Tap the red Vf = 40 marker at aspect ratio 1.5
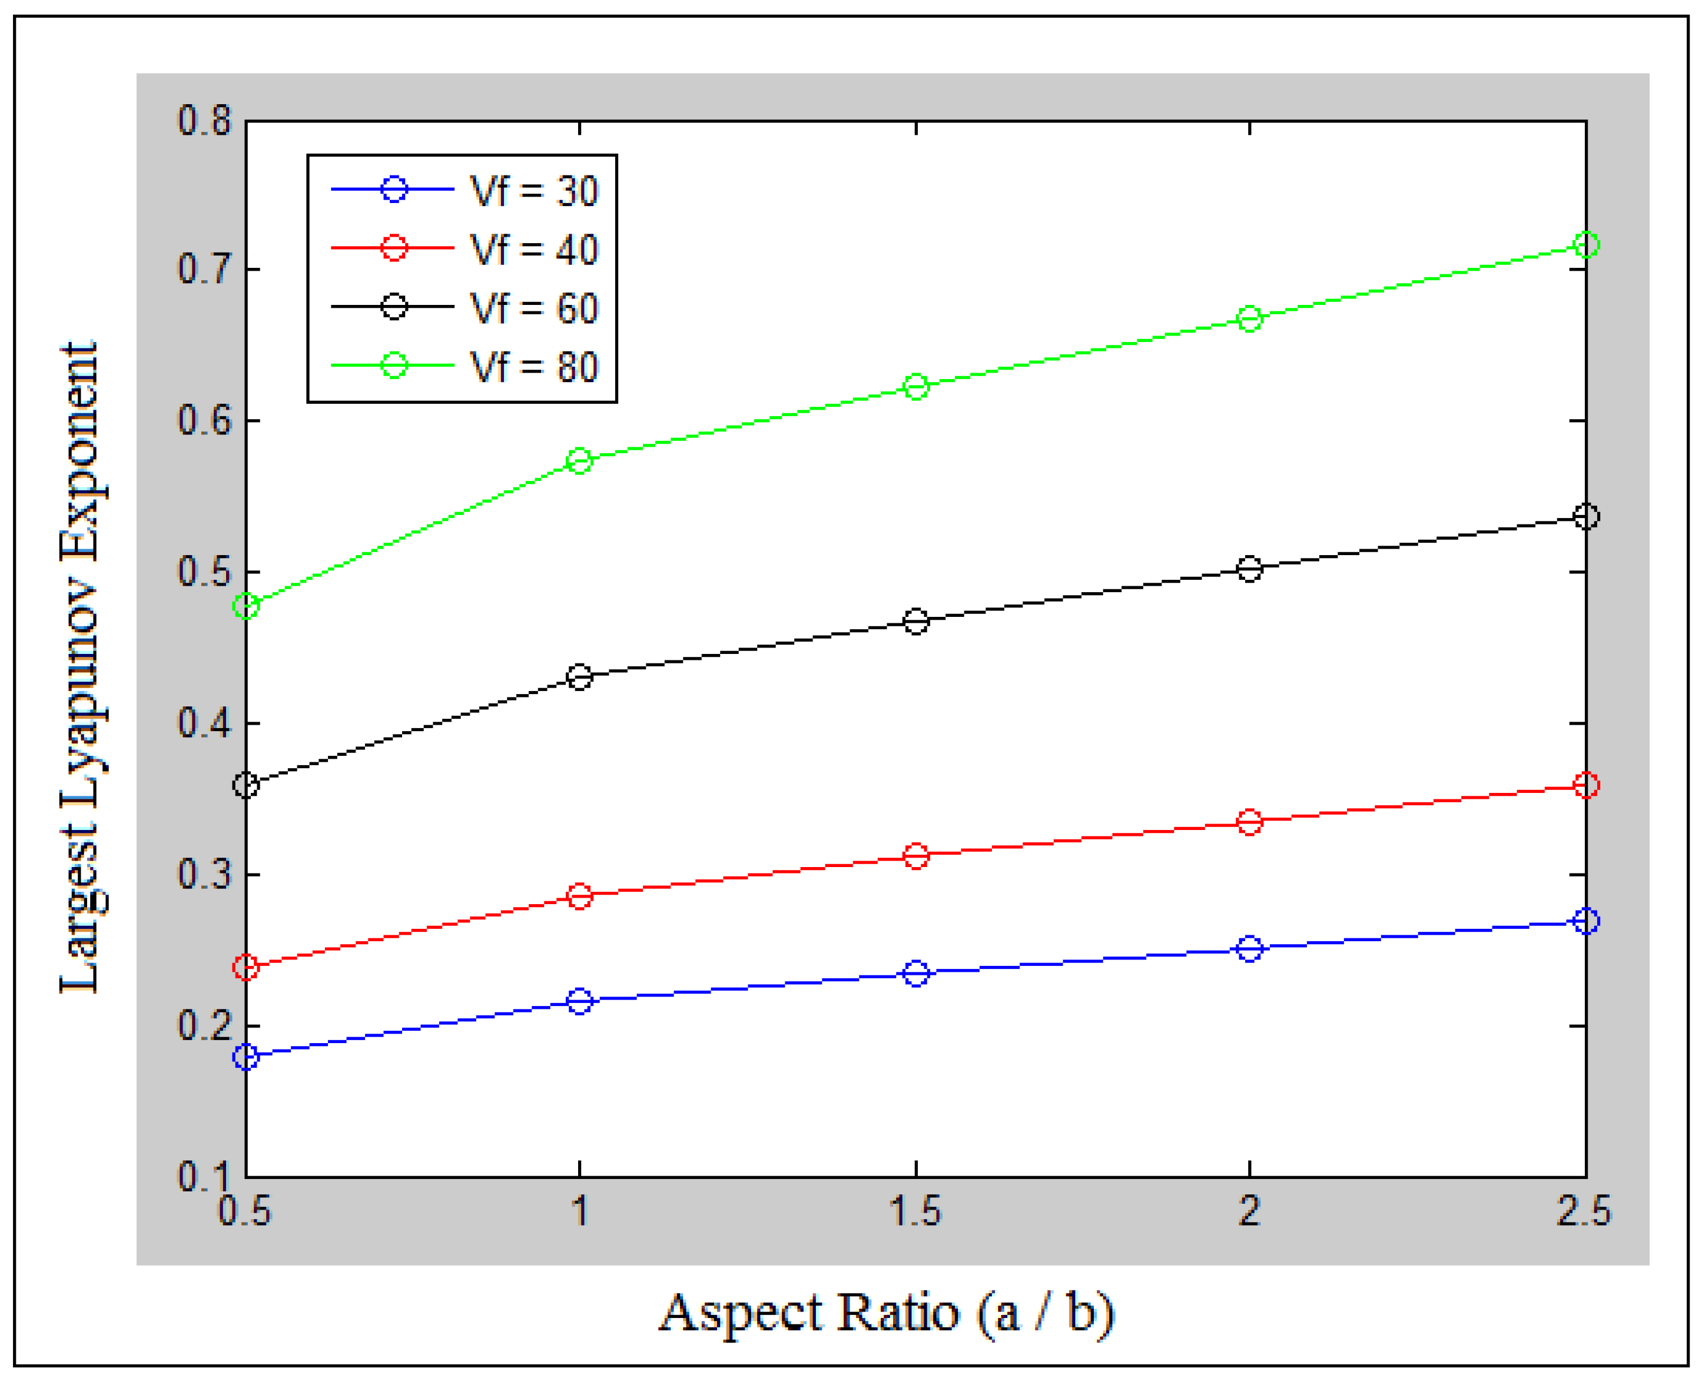(x=916, y=856)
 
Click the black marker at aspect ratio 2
(x=1249, y=569)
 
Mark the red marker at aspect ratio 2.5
(x=1585, y=785)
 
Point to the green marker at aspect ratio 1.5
(x=916, y=387)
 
